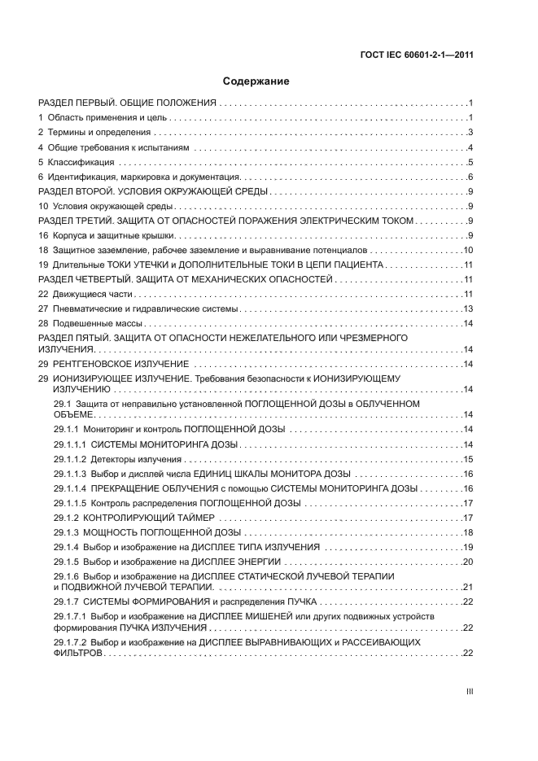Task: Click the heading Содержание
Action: [x=256, y=82]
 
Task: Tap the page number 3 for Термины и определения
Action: [x=470, y=133]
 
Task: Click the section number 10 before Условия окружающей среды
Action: [x=44, y=207]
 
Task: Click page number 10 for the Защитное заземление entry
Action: [x=468, y=251]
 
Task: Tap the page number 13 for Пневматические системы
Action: [x=468, y=309]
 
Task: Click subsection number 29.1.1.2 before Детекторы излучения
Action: [x=70, y=460]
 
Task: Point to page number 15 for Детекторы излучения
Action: [x=468, y=460]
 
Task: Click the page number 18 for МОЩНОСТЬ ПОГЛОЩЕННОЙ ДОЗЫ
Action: [x=468, y=532]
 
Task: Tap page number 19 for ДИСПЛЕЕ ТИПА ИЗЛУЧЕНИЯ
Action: [x=468, y=547]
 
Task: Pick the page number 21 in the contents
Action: [x=468, y=587]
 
